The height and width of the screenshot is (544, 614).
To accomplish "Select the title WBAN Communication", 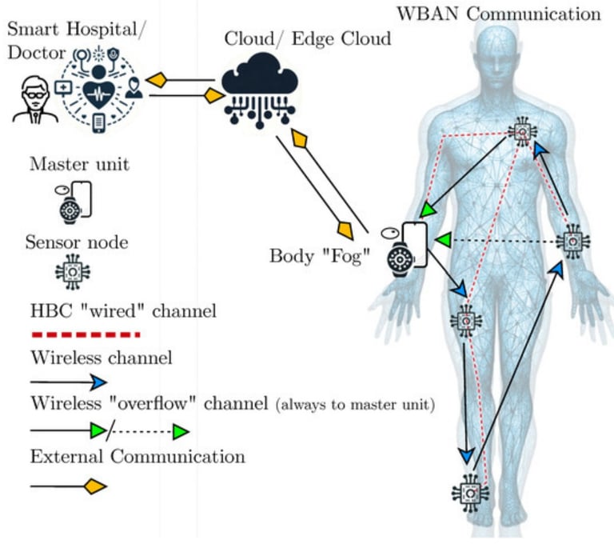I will coord(498,14).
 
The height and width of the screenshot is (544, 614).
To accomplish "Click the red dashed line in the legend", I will coord(84,334).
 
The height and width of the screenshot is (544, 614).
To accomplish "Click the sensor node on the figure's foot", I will coord(470,494).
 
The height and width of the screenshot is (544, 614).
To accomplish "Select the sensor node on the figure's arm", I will coord(572,240).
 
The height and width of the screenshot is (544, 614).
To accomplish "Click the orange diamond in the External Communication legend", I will coord(95,485).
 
